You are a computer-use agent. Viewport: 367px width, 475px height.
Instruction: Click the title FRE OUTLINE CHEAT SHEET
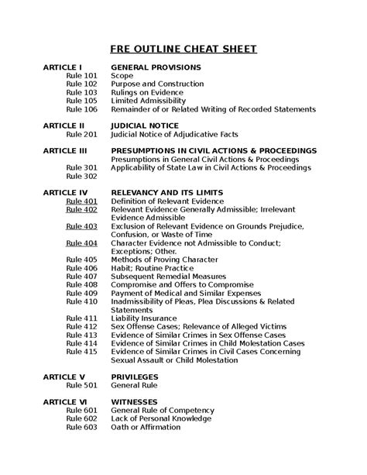183,50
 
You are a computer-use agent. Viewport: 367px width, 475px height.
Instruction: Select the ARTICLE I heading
63,67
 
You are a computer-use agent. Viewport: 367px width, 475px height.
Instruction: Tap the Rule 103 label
81,92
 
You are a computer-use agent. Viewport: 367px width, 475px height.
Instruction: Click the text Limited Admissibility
148,101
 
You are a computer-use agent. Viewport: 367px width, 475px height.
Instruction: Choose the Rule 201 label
81,133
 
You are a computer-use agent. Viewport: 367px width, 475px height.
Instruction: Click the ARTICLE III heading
65,150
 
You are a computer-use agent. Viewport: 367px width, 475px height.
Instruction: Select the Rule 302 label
81,176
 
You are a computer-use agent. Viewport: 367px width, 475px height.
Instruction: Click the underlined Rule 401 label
81,201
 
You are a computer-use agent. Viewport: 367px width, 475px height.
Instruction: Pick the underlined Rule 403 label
81,225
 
